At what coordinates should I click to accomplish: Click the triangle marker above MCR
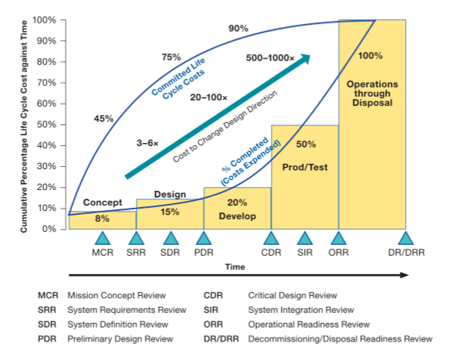[x=103, y=239]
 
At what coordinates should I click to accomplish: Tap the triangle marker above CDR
[x=271, y=239]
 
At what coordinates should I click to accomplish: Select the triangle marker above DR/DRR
[x=405, y=239]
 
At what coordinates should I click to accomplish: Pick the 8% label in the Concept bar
[x=102, y=219]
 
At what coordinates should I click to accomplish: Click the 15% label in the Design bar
[x=170, y=212]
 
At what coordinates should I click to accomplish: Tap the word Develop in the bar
[x=237, y=216]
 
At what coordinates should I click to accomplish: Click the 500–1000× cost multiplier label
[x=271, y=58]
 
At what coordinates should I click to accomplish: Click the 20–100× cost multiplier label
[x=208, y=97]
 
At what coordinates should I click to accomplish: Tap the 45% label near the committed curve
[x=103, y=119]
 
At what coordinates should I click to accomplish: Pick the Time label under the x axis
[x=235, y=266]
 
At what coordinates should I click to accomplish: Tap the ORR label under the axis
[x=338, y=253]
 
